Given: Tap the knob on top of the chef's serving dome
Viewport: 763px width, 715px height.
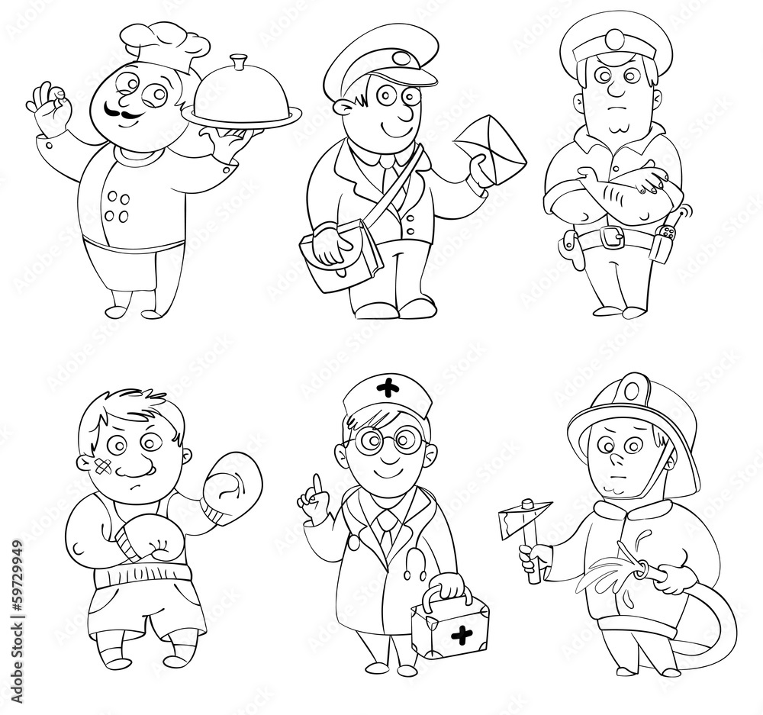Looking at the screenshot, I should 240,59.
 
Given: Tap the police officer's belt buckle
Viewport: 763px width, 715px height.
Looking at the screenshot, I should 610,238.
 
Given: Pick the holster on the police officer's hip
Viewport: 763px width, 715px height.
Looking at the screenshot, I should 571,244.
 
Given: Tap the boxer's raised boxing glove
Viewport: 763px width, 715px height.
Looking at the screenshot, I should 230,488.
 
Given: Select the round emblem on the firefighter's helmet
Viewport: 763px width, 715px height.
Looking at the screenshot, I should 631,389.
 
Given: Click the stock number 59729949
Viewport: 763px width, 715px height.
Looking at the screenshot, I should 18,596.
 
